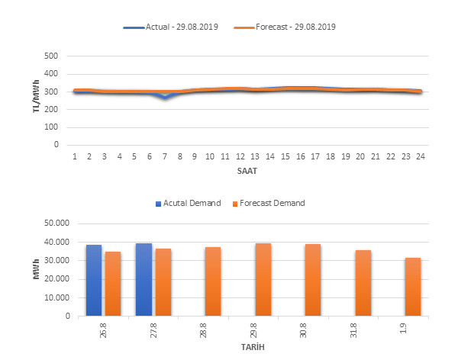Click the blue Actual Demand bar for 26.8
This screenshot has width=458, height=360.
click(x=94, y=280)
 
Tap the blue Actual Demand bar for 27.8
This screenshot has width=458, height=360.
click(x=144, y=279)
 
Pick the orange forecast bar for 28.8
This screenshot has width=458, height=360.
click(x=213, y=281)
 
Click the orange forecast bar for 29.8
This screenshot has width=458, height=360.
click(x=263, y=279)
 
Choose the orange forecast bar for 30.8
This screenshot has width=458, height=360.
click(x=313, y=280)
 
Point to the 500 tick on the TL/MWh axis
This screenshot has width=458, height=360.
click(x=52, y=56)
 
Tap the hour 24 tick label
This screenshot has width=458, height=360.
click(x=420, y=156)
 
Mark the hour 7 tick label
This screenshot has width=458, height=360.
click(x=165, y=156)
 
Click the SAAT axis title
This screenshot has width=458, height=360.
click(x=247, y=171)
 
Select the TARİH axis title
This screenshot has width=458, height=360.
click(x=252, y=347)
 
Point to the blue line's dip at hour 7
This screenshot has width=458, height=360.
click(x=165, y=98)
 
